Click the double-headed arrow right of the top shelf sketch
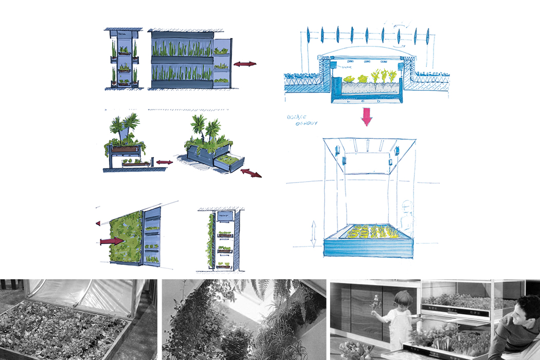point(244,64)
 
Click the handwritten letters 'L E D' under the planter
point(365,102)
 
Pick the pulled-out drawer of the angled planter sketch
point(229,164)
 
